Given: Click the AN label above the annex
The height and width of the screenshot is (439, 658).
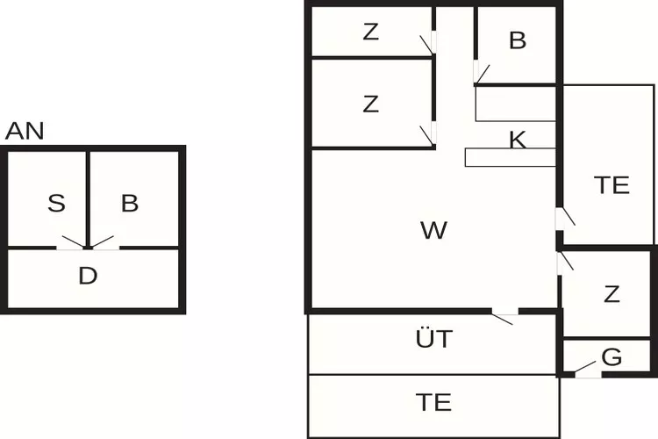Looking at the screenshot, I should tap(25, 132).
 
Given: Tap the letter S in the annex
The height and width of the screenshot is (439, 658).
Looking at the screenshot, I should tap(57, 205).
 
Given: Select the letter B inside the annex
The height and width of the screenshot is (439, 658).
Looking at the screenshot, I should tap(130, 205).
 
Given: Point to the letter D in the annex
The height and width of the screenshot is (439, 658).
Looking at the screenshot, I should tap(87, 277).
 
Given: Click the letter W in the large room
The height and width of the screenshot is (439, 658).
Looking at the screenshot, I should tap(433, 231).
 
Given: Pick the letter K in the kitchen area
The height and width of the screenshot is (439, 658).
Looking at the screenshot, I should tap(518, 140).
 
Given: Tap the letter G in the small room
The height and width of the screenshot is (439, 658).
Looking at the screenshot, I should tap(612, 357).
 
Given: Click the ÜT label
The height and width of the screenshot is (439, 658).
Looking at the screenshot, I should tap(434, 339).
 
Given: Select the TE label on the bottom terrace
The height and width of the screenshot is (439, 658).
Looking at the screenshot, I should tap(434, 402).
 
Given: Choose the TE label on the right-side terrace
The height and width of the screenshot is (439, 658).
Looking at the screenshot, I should tap(612, 185).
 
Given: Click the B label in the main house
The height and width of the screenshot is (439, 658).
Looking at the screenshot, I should tap(517, 40).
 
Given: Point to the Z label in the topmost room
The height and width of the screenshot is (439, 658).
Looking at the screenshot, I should tap(371, 32).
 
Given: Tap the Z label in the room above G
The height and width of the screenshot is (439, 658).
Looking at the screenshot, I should tap(612, 295).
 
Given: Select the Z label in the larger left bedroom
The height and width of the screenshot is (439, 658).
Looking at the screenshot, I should tap(371, 104).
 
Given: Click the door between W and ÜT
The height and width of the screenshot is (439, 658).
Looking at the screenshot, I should tap(504, 315).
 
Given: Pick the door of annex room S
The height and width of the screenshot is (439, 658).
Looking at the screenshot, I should tap(72, 243).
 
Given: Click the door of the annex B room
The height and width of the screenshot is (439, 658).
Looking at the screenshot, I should tap(104, 243).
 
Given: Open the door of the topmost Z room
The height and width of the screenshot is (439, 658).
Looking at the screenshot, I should tap(428, 43).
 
